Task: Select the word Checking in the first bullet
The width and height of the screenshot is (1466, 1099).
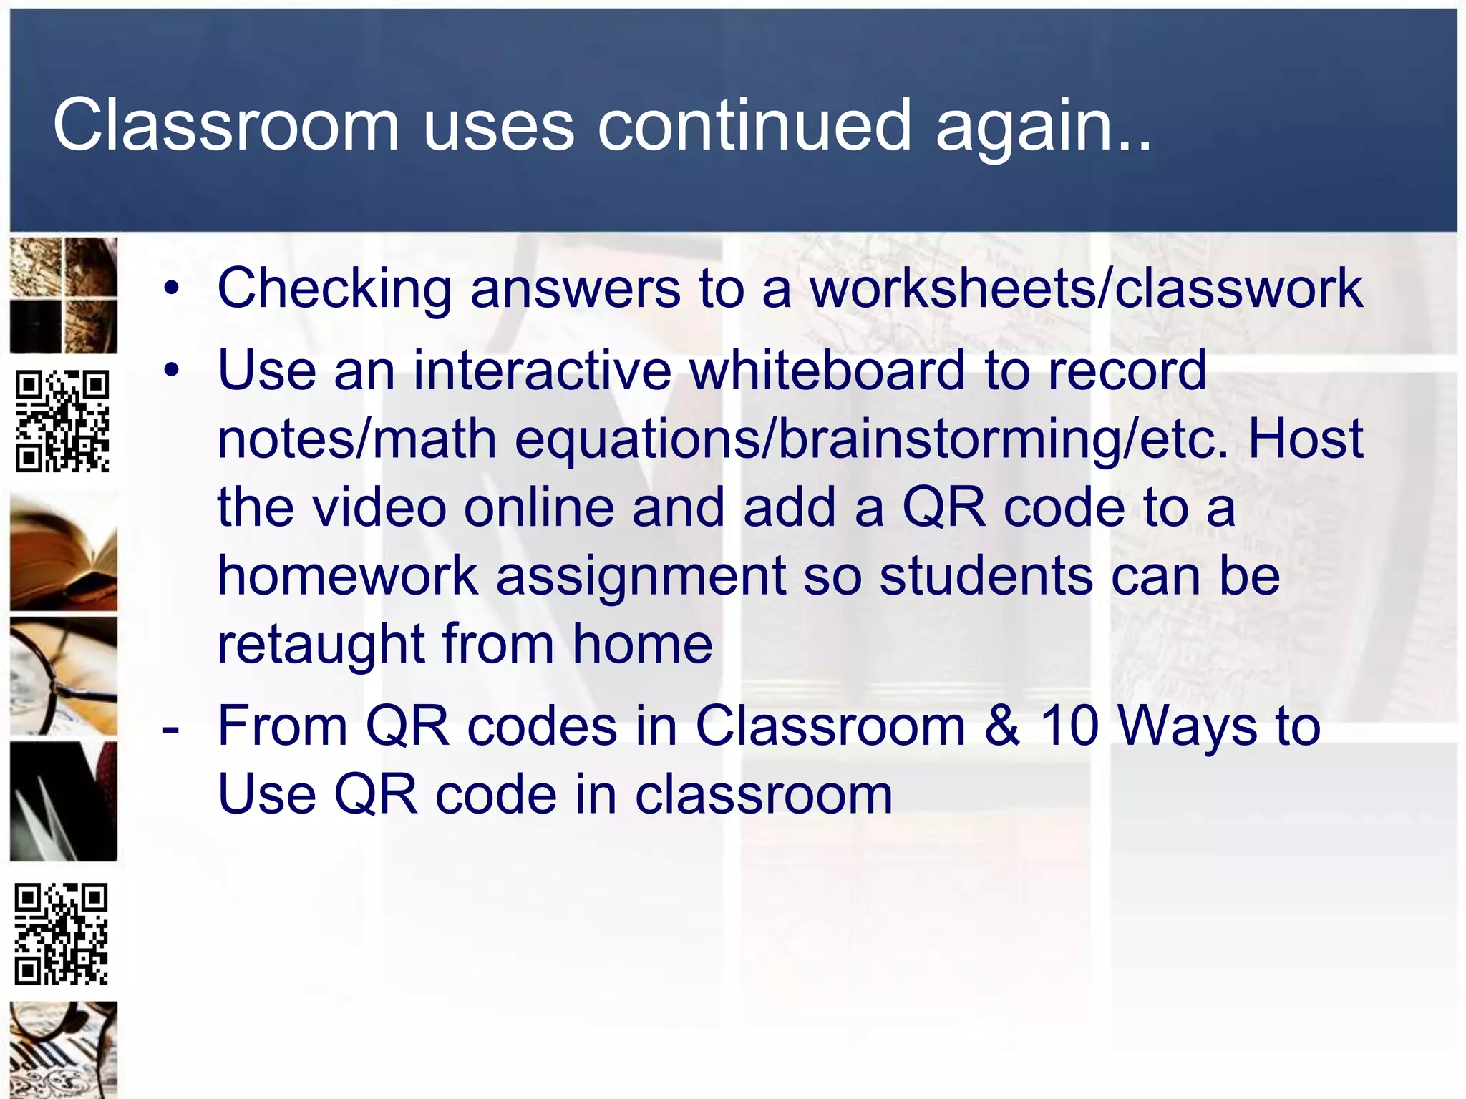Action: [x=334, y=289]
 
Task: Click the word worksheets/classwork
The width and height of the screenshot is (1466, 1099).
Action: [x=1086, y=289]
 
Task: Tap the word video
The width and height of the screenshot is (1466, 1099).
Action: [x=380, y=507]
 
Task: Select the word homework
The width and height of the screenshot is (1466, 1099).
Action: [x=347, y=575]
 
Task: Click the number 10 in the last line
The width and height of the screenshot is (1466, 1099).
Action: [x=1069, y=726]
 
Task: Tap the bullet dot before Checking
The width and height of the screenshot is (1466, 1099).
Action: [x=171, y=289]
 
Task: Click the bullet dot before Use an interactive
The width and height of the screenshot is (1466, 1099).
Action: [x=171, y=371]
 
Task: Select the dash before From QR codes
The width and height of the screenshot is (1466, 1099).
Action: [x=170, y=730]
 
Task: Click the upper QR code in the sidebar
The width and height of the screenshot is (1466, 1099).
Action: [x=62, y=421]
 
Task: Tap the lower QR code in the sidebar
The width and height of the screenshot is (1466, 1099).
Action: [x=62, y=934]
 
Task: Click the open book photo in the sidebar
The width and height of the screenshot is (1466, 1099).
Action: [x=63, y=553]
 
